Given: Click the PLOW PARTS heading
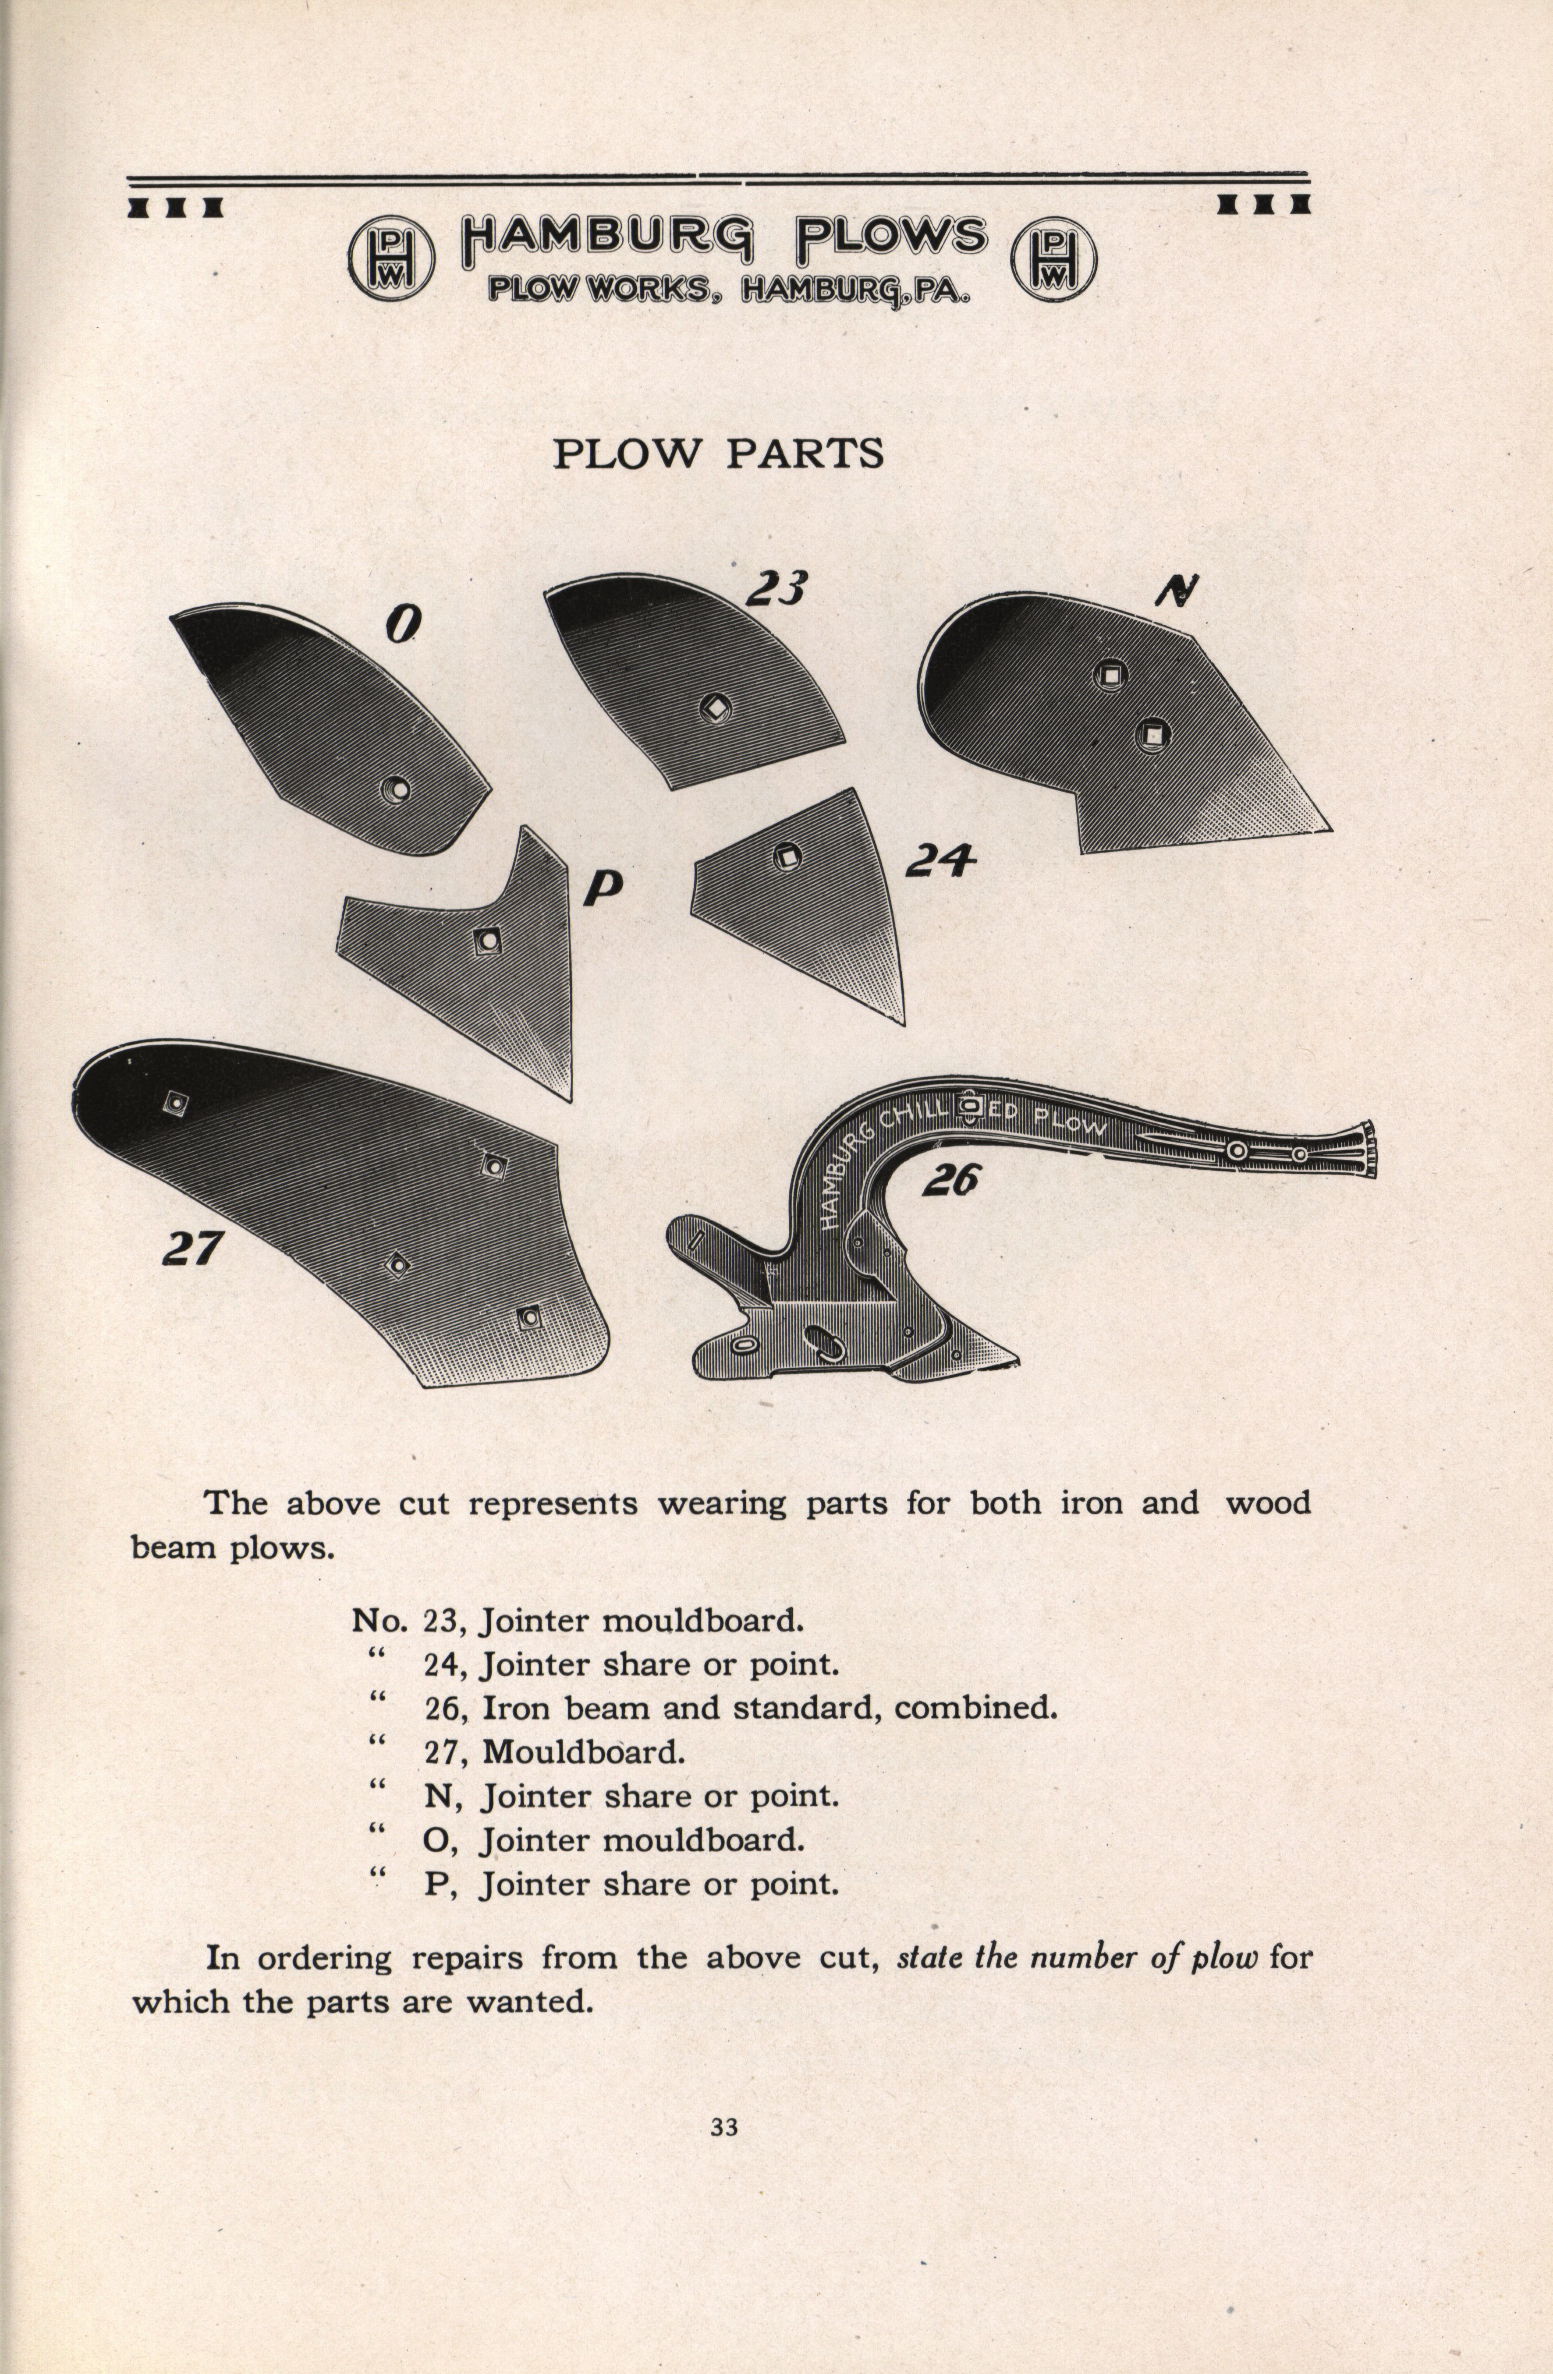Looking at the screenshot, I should (x=718, y=454).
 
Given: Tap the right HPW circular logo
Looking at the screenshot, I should (x=1053, y=257).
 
